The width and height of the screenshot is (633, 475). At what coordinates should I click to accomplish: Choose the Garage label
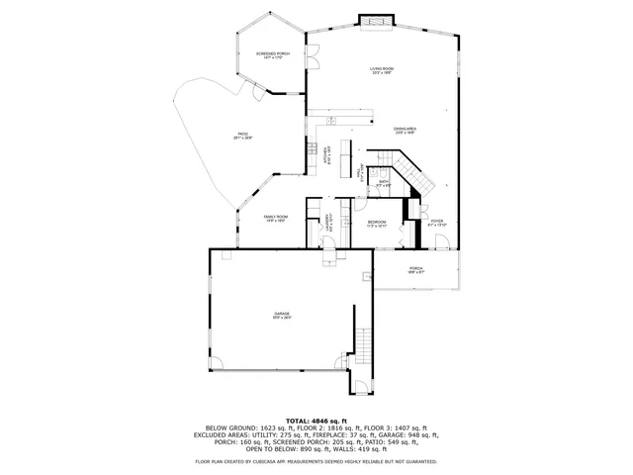[283, 315]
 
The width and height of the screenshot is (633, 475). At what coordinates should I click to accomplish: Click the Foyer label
[436, 223]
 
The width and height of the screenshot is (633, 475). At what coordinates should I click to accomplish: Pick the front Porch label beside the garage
[415, 268]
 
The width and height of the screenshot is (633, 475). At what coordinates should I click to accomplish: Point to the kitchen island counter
[346, 154]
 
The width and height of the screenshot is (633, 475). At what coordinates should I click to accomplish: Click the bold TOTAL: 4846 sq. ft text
[316, 420]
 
